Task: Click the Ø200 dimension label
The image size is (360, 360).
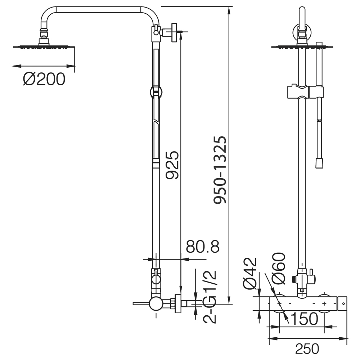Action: [x=44, y=79]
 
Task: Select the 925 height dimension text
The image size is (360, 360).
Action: [x=172, y=165]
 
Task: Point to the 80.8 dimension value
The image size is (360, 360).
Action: [x=202, y=247]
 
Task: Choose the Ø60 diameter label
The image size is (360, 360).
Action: [x=278, y=268]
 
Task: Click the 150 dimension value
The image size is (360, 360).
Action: [x=304, y=318]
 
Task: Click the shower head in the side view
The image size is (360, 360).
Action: [x=44, y=46]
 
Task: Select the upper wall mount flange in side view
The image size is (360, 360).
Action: [x=175, y=33]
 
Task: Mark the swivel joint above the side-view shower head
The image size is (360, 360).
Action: [x=44, y=33]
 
